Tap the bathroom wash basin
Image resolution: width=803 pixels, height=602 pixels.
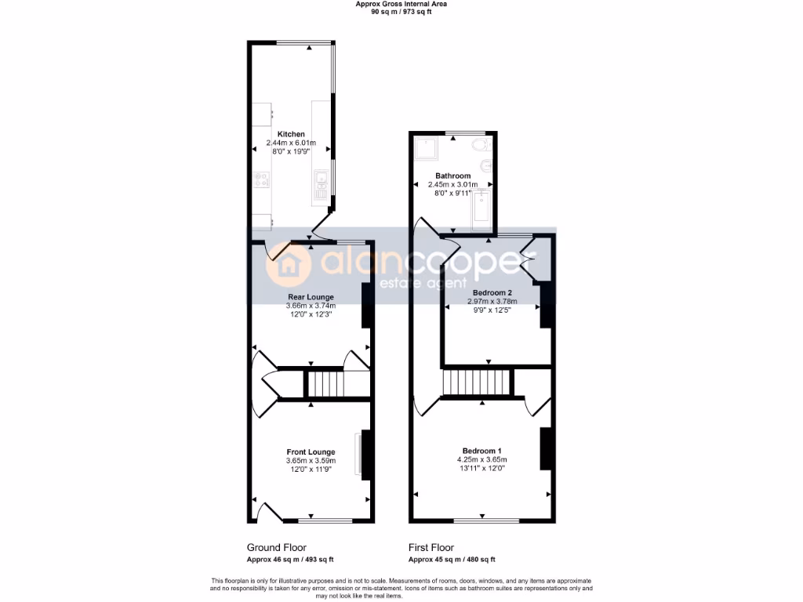[x=486, y=165]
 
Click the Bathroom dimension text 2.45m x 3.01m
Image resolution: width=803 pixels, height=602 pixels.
[x=452, y=184]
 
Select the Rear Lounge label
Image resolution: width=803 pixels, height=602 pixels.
[x=311, y=297]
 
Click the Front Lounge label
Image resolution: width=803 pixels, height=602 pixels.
[x=311, y=452]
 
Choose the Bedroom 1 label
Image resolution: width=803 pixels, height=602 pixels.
[x=481, y=451]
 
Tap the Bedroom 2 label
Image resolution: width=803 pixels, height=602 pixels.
[x=492, y=292]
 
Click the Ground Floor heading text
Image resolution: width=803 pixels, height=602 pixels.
[x=276, y=548]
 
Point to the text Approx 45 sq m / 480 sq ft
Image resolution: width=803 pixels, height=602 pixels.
[x=451, y=560]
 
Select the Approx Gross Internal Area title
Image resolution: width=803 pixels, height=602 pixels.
[x=401, y=4]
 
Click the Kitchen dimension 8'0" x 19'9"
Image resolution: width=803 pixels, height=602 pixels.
[x=290, y=151]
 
